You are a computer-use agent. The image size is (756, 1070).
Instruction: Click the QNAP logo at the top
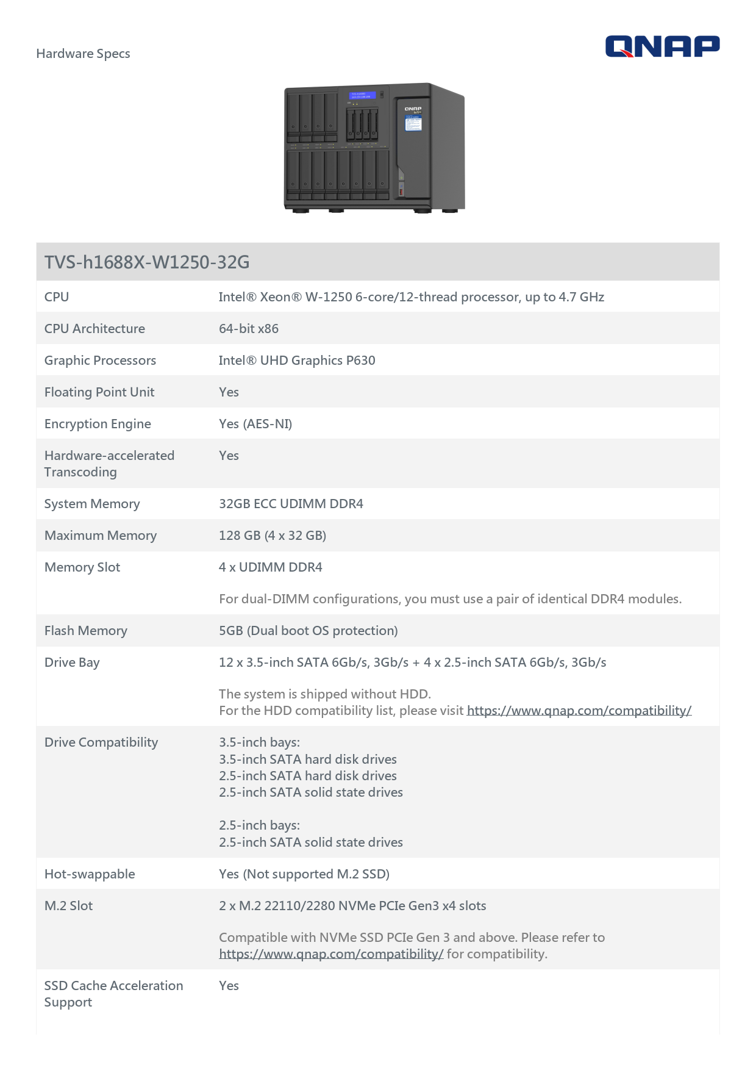[x=662, y=46]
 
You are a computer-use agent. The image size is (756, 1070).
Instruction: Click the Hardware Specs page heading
[x=83, y=54]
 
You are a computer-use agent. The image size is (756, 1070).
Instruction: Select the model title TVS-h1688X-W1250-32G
[x=147, y=262]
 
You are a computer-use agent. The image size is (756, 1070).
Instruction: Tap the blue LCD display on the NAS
[x=362, y=96]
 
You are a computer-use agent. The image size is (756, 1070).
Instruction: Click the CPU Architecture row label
[x=94, y=329]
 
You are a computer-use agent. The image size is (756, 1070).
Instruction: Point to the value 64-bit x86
[x=249, y=329]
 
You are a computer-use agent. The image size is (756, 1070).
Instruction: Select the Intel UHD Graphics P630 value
[x=297, y=361]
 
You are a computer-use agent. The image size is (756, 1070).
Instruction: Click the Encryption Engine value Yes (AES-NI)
[x=255, y=424]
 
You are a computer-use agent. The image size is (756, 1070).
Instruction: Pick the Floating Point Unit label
[x=99, y=392]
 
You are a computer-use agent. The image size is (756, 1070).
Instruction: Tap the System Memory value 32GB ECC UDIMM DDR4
[x=291, y=504]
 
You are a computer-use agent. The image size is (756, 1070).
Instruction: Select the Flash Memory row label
[x=86, y=631]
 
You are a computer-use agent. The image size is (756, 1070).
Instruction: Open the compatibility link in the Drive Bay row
[x=579, y=711]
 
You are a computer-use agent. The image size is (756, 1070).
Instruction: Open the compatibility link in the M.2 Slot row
[x=331, y=954]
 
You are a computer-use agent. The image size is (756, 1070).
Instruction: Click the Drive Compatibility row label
[x=101, y=742]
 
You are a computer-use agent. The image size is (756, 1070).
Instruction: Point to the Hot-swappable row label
[x=90, y=874]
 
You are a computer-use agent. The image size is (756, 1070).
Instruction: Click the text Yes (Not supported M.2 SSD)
[x=304, y=874]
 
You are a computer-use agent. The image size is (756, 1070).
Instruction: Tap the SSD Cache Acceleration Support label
[x=113, y=994]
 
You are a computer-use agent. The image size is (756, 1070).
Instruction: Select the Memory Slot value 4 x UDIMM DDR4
[x=271, y=567]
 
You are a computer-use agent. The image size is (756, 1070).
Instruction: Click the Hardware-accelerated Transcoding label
[x=109, y=464]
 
